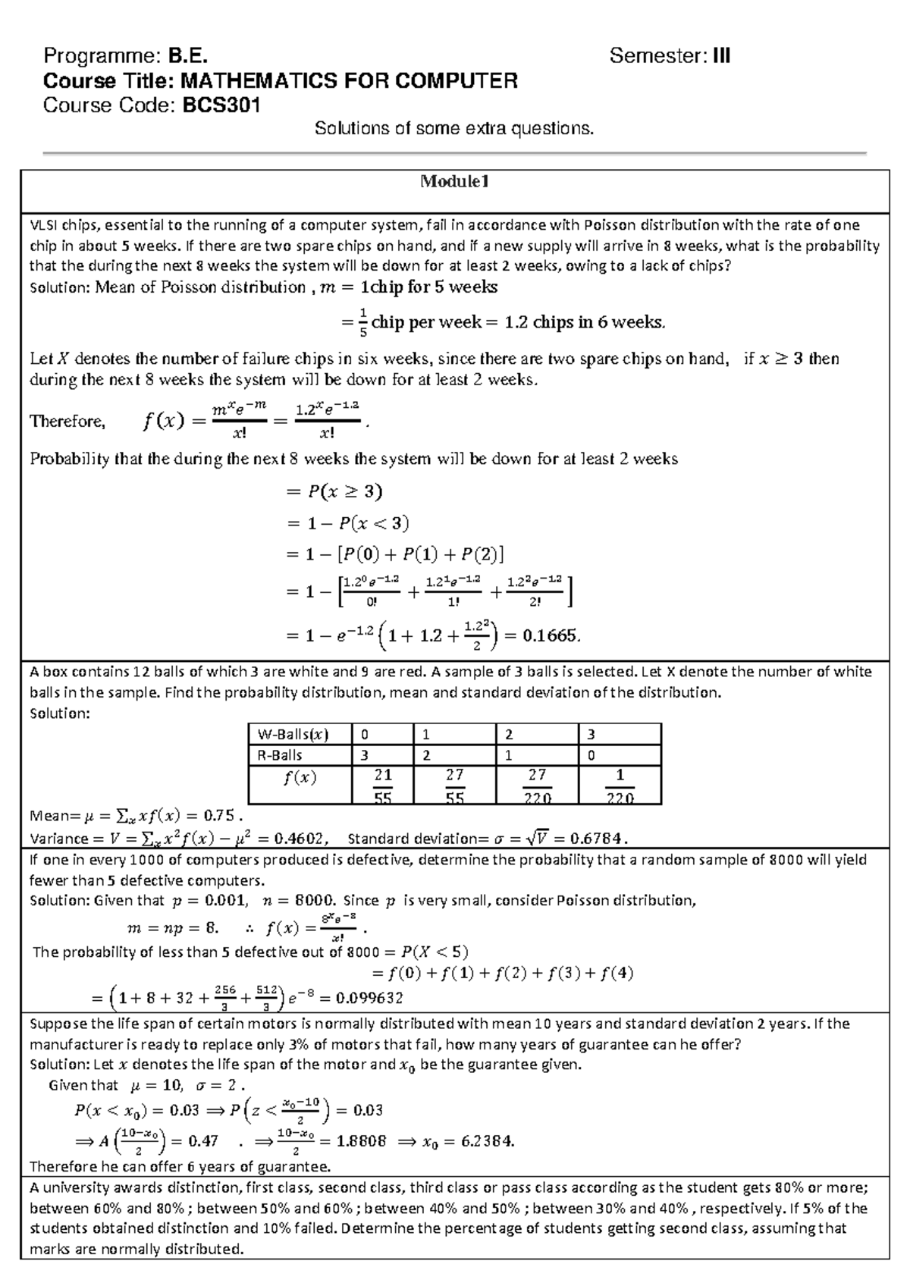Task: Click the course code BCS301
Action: [221, 105]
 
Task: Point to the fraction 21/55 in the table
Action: [382, 786]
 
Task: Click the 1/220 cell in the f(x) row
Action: [620, 786]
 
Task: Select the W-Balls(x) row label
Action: [293, 734]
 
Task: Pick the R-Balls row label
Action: [280, 755]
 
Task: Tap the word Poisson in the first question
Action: [610, 224]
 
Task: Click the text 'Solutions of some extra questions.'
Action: [454, 128]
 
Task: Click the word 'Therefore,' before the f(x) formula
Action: [67, 422]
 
